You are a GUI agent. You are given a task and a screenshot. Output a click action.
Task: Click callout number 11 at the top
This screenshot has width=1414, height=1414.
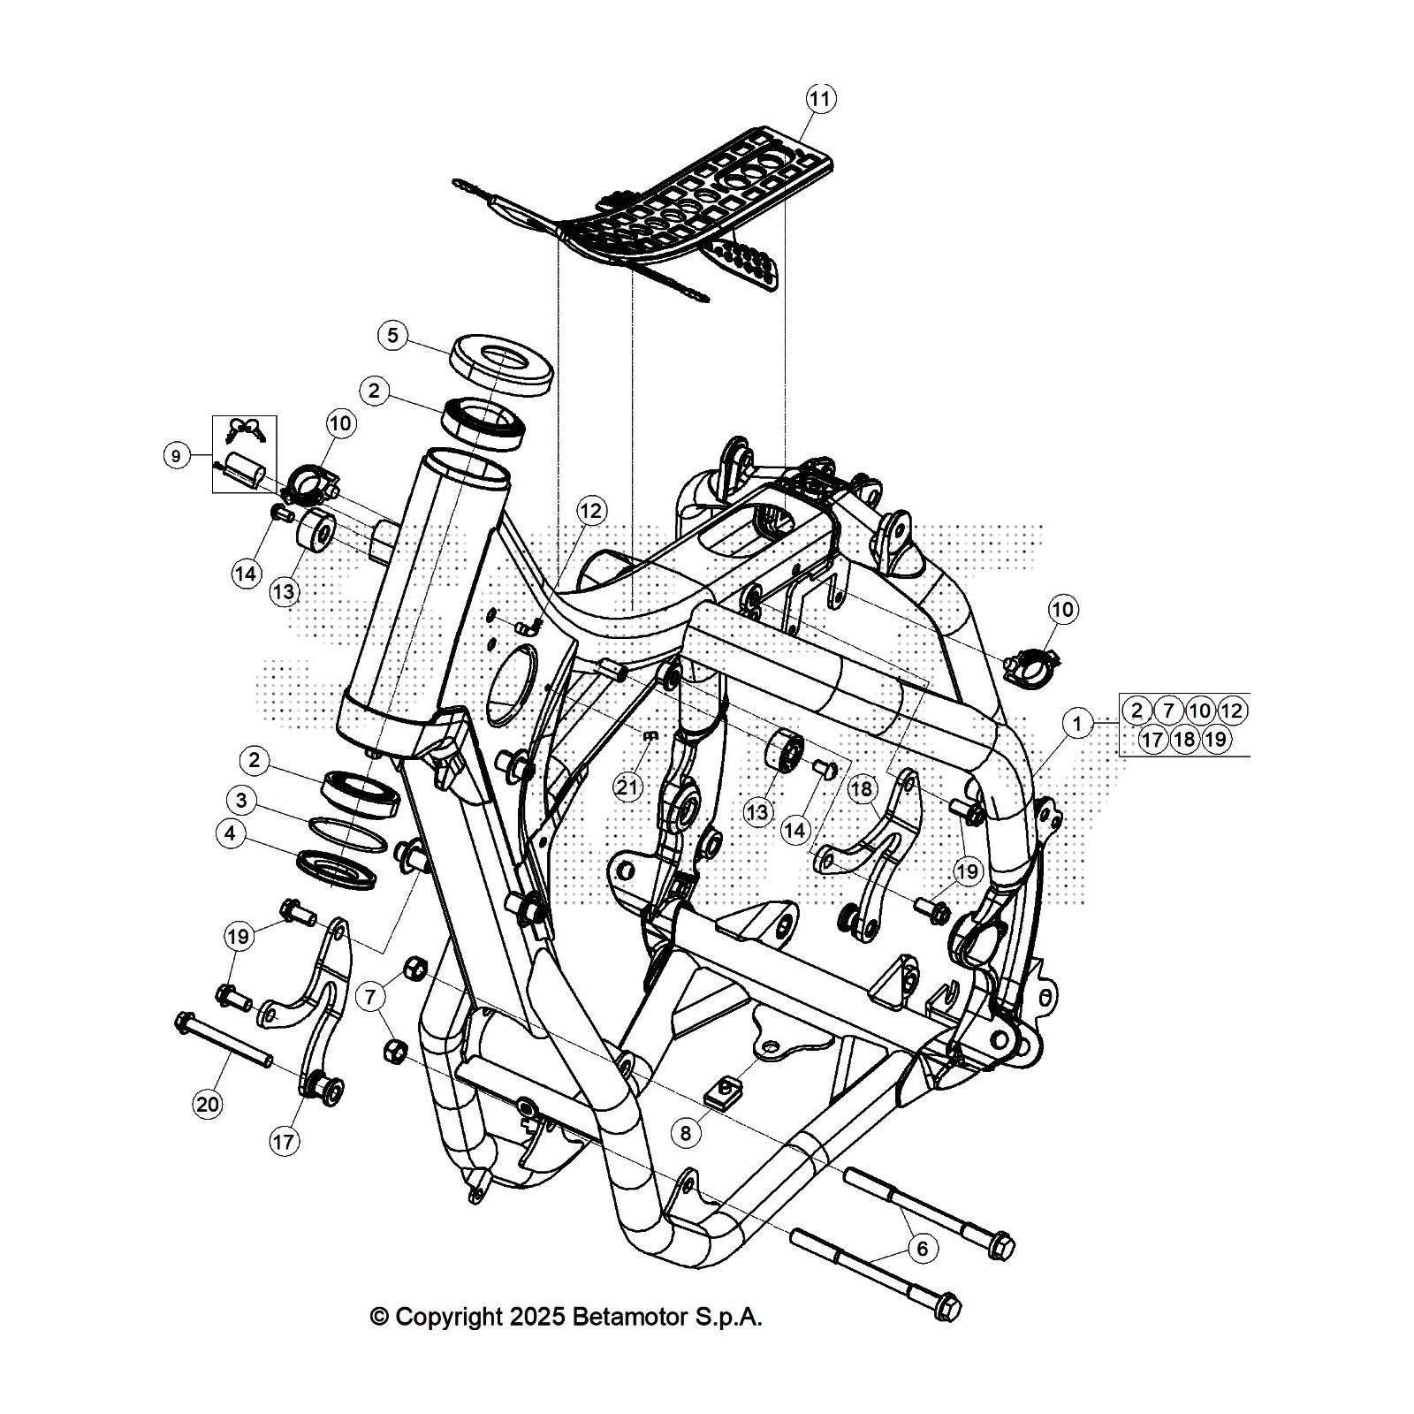[820, 99]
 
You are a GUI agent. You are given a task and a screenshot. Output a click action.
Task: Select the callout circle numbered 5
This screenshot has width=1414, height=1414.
[392, 335]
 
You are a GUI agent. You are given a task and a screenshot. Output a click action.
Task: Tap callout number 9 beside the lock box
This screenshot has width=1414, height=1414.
[176, 456]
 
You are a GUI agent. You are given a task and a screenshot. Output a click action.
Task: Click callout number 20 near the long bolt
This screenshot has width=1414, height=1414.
[208, 1105]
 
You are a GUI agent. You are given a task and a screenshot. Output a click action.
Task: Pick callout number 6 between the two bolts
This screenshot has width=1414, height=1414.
[922, 1248]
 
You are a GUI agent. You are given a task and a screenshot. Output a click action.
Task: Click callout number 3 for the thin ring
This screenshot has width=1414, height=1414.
[240, 802]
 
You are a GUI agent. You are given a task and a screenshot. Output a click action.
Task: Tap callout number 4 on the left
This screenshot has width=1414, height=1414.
[231, 833]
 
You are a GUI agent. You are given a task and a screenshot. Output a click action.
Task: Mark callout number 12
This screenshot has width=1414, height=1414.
[590, 511]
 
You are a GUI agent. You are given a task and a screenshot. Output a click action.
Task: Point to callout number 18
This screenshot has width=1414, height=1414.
[862, 788]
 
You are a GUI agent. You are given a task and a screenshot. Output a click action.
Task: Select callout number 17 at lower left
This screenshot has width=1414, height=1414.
[283, 1142]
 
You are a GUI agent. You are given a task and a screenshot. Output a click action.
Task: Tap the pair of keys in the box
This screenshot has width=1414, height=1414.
[244, 430]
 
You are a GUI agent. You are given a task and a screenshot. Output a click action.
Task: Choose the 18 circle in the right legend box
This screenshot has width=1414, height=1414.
[1184, 739]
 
